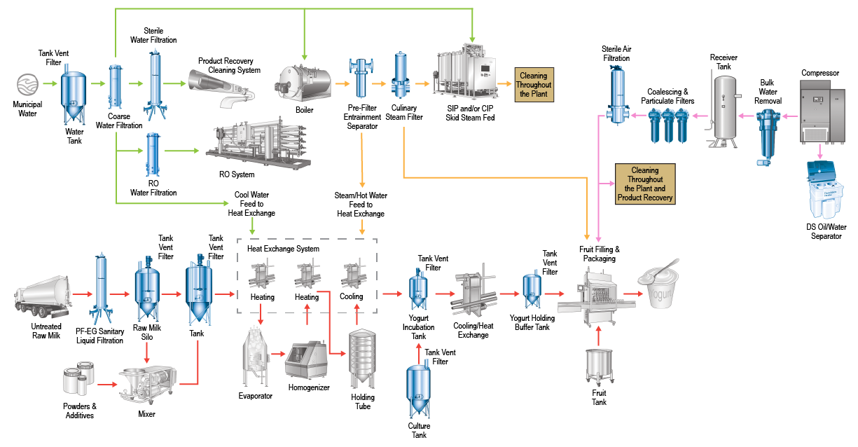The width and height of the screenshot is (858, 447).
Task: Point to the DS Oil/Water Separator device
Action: coord(828,191)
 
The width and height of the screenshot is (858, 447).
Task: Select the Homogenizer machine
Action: coord(309,360)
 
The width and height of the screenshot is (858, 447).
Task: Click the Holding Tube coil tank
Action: coord(362,357)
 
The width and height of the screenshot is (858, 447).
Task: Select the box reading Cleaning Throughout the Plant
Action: coord(534,85)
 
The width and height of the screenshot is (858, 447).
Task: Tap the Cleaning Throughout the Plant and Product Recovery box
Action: coord(644,184)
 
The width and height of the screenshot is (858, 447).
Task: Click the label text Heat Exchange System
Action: coord(283,249)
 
